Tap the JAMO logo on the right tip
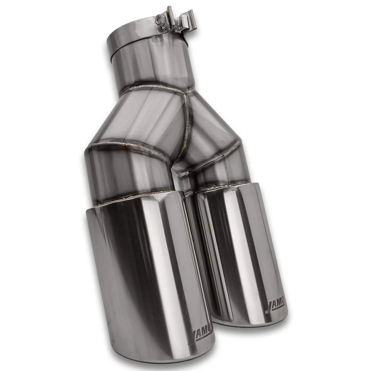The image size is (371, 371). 276,305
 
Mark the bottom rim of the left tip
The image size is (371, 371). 162,357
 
